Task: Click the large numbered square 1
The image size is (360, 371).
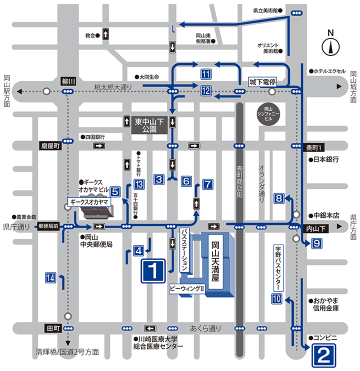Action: point(153,271)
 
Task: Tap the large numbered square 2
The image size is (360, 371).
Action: point(324,355)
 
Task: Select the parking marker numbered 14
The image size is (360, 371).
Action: point(50,277)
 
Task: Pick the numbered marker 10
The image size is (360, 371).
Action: point(276,298)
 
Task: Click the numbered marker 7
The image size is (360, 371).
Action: point(207,184)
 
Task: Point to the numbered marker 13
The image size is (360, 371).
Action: point(139,184)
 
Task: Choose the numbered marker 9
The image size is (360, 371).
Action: point(316,243)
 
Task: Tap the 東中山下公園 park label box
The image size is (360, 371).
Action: point(149,125)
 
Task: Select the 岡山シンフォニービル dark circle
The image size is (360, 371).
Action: point(268,114)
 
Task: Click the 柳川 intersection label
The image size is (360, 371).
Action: point(68,81)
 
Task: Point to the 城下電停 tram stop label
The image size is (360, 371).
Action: point(262,82)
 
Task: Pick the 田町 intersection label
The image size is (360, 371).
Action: point(53,328)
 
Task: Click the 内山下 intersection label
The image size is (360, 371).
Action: point(316,228)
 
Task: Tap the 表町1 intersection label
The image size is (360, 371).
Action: point(313,147)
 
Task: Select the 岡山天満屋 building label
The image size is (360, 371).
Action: point(215,261)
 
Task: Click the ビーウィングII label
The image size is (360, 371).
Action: point(187,289)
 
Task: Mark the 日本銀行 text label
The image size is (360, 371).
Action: point(324,159)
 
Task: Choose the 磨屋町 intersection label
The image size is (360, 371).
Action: point(50,146)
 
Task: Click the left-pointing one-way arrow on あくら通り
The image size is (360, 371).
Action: point(150,328)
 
